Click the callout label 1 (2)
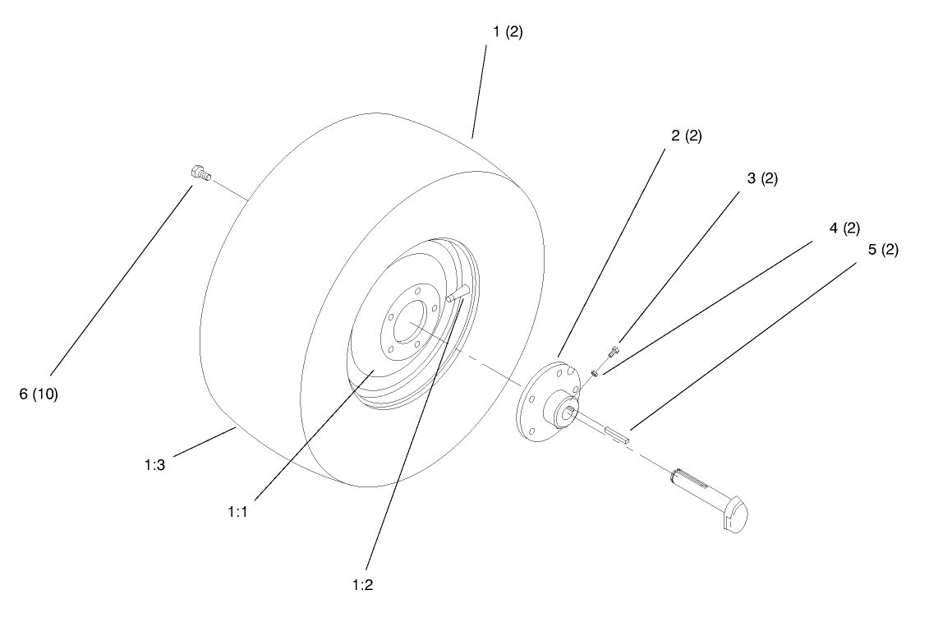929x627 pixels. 507,32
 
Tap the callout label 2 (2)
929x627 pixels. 686,136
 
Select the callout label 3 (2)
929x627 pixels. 762,178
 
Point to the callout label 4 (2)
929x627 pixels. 844,228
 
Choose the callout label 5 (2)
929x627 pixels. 883,250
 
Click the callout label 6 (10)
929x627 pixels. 38,394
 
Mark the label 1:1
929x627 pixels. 237,511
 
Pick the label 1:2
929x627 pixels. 363,585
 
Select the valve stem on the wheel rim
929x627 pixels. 456,293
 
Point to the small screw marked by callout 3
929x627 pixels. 612,353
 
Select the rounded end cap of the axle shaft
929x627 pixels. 736,514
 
